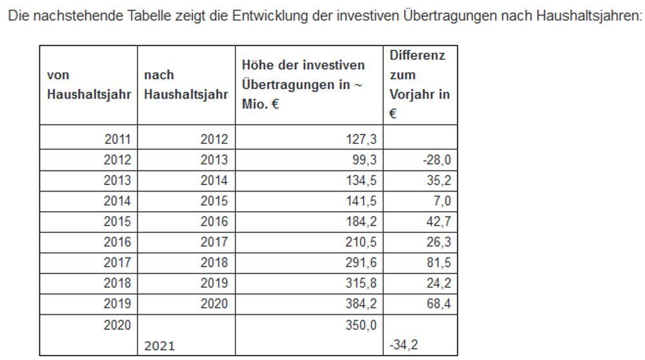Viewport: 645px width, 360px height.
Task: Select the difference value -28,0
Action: tap(437, 160)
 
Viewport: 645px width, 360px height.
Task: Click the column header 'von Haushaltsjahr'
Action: tap(89, 85)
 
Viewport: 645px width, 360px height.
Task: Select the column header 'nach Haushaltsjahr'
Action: tap(186, 85)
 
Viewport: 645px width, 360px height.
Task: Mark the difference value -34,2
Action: tap(403, 346)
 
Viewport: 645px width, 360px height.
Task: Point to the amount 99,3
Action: tap(366, 160)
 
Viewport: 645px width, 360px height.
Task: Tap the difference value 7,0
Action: tap(442, 201)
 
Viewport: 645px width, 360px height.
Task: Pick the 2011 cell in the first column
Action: tap(117, 139)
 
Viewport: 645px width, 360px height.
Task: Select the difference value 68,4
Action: tap(439, 304)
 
